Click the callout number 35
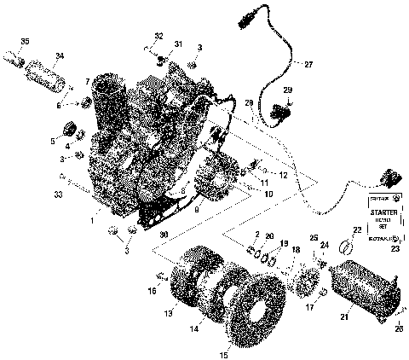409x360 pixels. click(25, 42)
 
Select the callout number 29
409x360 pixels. click(287, 90)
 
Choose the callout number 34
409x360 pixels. click(59, 57)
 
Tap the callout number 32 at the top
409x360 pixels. click(158, 35)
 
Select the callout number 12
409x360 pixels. click(283, 175)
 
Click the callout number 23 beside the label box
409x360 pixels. click(394, 251)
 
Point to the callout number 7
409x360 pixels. click(87, 81)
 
